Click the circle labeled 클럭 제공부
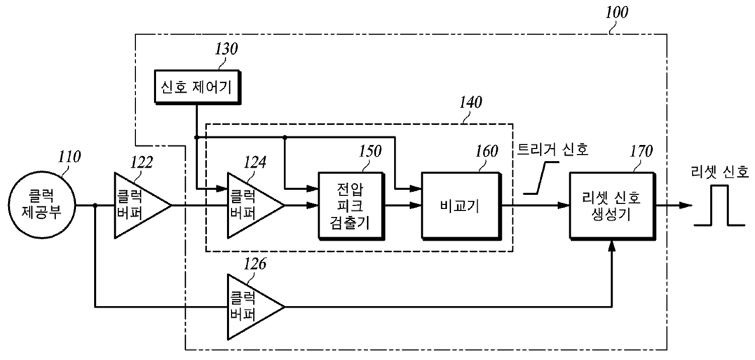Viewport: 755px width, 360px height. click(42, 205)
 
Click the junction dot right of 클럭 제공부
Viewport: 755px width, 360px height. click(95, 205)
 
